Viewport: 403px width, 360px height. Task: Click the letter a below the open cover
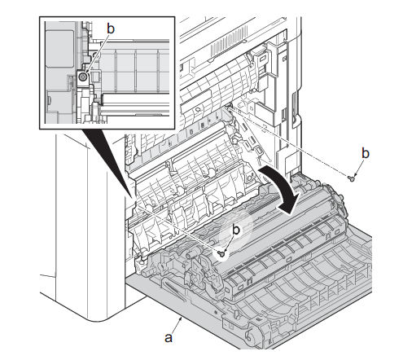(169, 338)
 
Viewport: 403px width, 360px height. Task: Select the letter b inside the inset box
(111, 29)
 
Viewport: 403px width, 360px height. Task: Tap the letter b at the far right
(366, 153)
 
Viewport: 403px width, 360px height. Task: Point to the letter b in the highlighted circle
(236, 230)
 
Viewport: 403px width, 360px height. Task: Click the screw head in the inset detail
(82, 77)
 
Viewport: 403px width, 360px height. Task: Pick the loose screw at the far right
(351, 178)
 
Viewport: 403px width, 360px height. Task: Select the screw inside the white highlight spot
(221, 254)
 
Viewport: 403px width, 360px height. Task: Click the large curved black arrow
(283, 190)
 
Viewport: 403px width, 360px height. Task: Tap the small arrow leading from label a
(177, 324)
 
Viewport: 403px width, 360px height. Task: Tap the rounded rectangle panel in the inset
(59, 49)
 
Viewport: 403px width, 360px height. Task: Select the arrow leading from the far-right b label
(358, 168)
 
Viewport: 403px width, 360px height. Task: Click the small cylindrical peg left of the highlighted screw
(190, 255)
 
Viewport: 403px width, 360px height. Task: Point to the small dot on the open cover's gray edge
(216, 310)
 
